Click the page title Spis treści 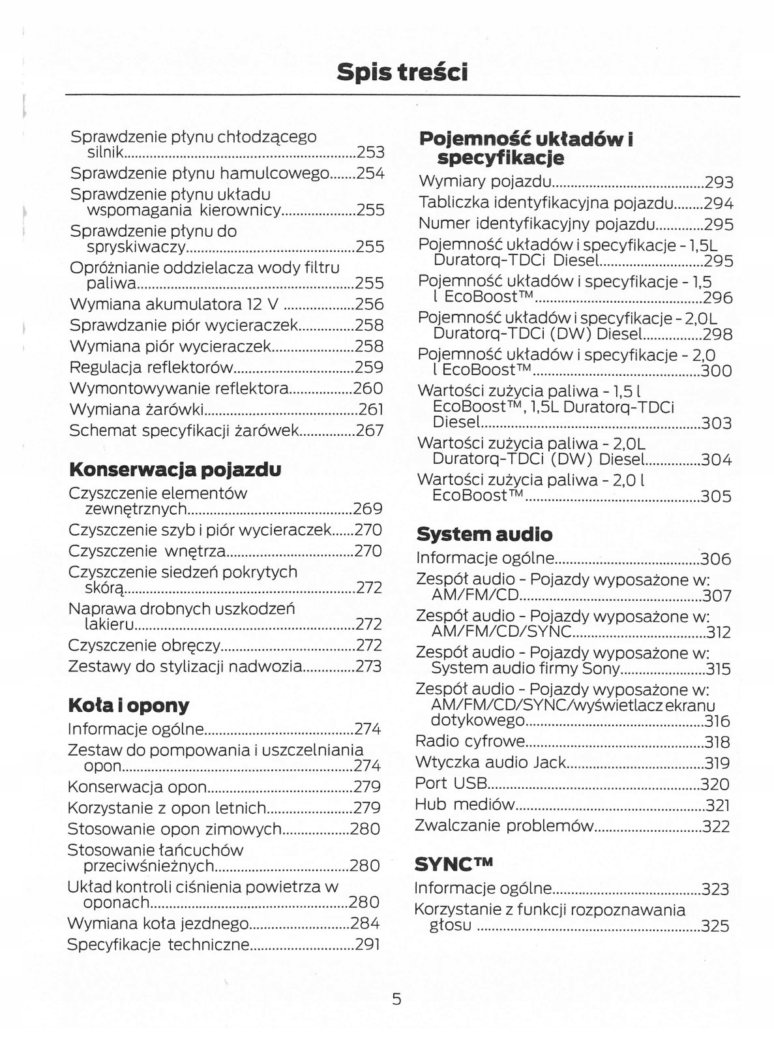point(402,72)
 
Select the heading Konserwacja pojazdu point(175,469)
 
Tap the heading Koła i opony point(128,705)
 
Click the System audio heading point(484,534)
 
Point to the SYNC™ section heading point(454,864)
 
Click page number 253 point(370,153)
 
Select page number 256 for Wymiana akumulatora point(370,304)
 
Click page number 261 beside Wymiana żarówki point(370,410)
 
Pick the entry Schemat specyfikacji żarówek point(184,431)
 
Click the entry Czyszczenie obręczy point(144,645)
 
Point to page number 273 point(368,667)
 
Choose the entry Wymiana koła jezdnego point(158,923)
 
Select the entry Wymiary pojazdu point(485,181)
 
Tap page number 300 point(716,371)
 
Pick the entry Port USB point(451,784)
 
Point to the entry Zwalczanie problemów point(504,826)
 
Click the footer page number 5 point(396,998)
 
